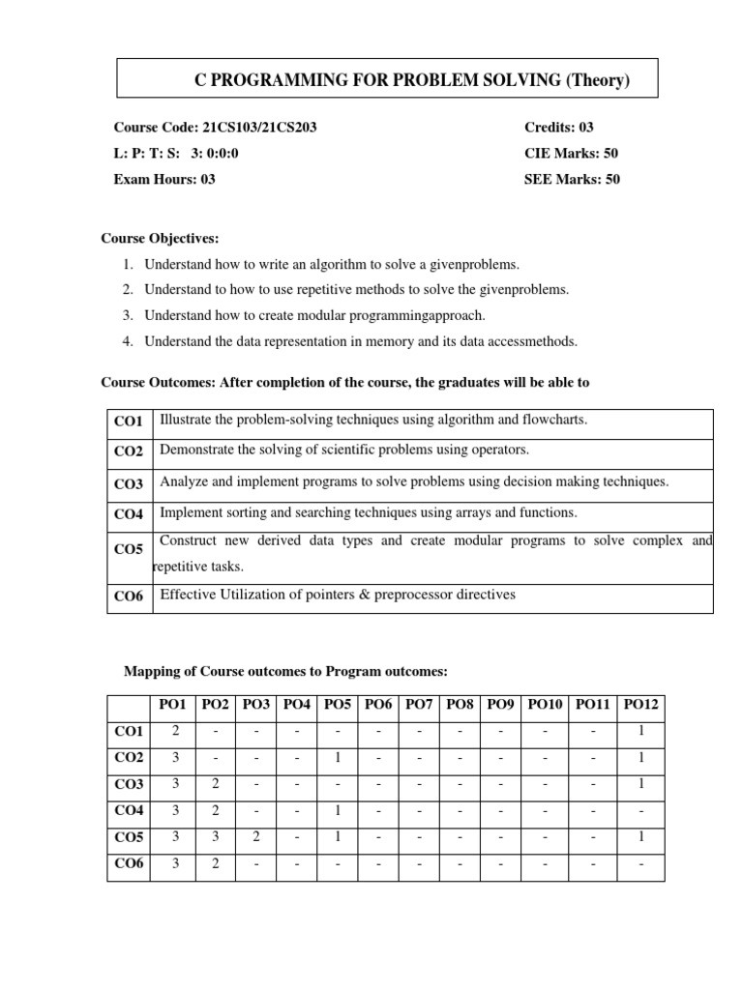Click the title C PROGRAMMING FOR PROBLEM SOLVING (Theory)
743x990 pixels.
412,80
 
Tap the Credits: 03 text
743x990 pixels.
566,128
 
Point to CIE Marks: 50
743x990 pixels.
572,153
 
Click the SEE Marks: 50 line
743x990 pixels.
572,179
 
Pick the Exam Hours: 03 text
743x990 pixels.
164,179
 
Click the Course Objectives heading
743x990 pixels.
161,239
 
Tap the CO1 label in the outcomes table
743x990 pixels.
128,422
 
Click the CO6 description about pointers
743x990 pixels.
338,595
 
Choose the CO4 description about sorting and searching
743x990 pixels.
368,512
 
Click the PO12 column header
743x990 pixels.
640,704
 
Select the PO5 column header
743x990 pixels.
337,704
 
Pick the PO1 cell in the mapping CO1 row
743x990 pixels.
175,731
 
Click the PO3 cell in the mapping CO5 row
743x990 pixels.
255,837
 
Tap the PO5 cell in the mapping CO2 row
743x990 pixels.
337,757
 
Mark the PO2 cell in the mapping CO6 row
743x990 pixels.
215,863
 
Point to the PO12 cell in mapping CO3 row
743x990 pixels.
640,784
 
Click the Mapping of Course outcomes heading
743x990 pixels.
286,671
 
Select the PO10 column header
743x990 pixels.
547,704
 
